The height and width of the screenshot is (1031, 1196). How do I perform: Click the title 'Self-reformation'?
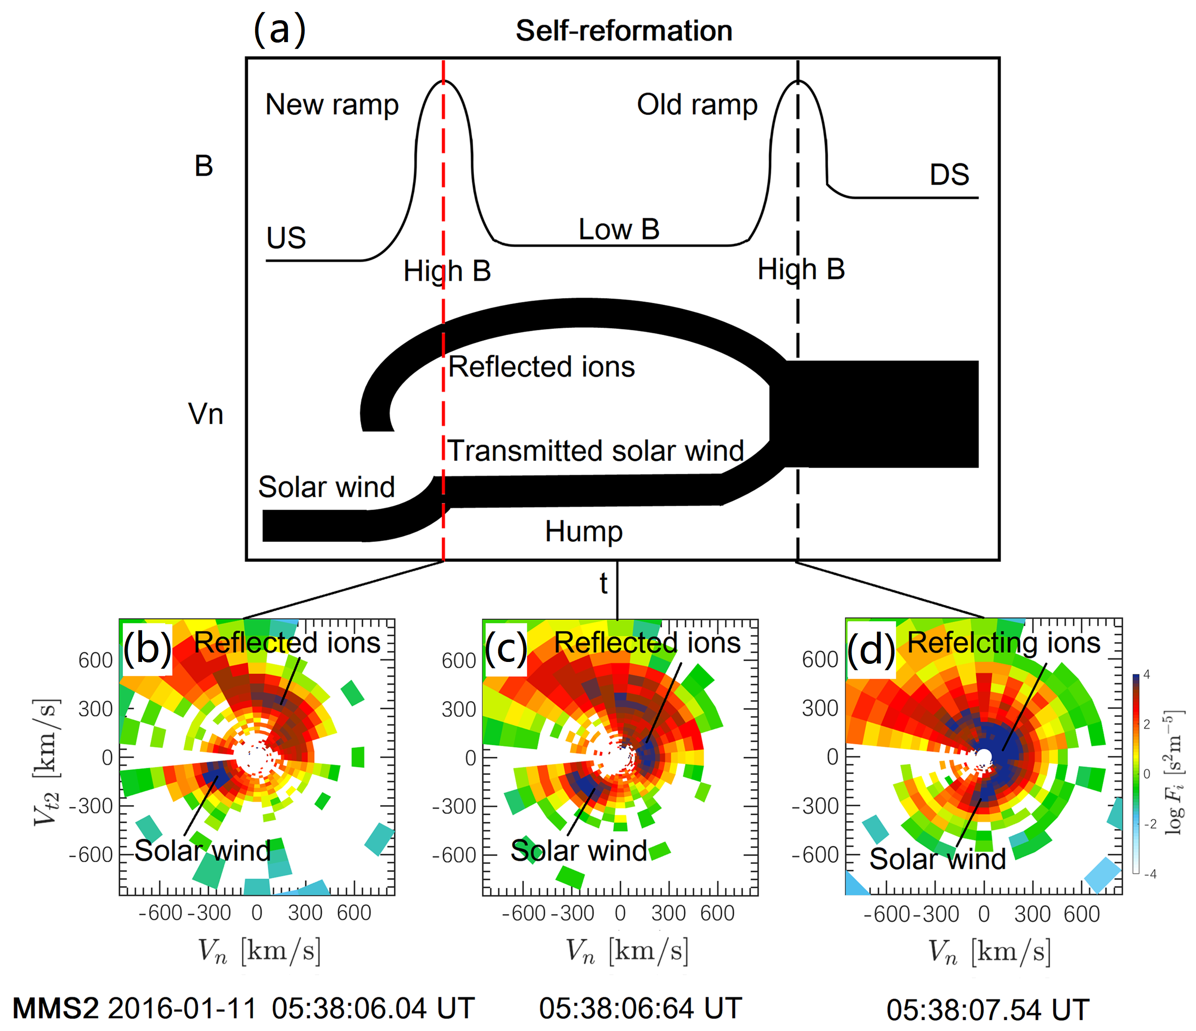click(623, 31)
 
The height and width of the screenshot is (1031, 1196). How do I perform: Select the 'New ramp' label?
click(332, 105)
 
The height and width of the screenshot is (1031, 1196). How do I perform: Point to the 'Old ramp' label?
click(697, 105)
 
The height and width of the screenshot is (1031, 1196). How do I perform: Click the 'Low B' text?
click(619, 230)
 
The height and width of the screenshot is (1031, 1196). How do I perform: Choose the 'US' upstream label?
click(286, 238)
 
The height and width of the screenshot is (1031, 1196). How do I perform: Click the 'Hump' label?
click(584, 531)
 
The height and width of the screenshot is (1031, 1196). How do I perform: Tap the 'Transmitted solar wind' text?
click(596, 451)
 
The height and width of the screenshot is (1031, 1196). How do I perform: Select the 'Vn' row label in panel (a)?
click(206, 415)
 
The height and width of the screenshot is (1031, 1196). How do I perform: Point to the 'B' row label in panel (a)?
click(204, 167)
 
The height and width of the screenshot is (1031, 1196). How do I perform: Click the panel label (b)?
click(147, 648)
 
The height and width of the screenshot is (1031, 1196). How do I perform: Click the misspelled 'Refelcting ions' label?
click(1004, 643)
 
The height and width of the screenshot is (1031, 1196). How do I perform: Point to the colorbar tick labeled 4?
click(1146, 674)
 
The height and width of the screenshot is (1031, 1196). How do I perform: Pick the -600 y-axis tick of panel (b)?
click(90, 855)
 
